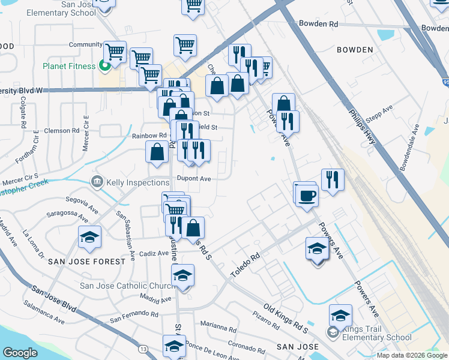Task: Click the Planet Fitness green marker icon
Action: click(x=104, y=66)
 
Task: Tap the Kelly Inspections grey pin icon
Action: click(x=96, y=181)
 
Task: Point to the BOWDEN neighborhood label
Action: click(x=355, y=50)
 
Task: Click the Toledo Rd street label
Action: click(x=246, y=265)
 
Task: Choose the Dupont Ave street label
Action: click(x=194, y=179)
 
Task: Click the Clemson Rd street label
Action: click(x=64, y=130)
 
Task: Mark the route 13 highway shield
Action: click(x=142, y=348)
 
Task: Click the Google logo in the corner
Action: click(x=20, y=353)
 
